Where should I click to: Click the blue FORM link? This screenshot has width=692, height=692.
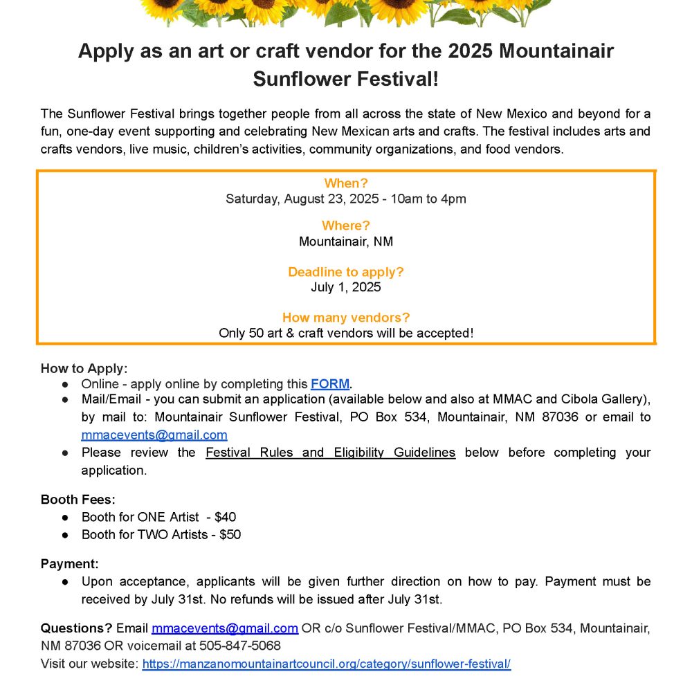(330, 384)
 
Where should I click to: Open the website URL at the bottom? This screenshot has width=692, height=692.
(326, 664)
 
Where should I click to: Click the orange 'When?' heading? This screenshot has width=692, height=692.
(346, 183)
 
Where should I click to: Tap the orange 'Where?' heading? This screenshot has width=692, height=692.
(346, 226)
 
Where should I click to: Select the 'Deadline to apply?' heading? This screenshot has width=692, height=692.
(346, 272)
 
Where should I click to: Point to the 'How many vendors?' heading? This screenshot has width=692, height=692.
(346, 318)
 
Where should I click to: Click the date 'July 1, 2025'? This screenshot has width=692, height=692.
(346, 287)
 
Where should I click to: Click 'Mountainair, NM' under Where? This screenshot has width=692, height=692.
(346, 242)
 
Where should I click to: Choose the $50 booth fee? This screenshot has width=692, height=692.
(230, 534)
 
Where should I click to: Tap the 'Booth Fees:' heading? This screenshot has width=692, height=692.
(78, 499)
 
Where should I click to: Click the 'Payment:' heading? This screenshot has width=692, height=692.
(70, 564)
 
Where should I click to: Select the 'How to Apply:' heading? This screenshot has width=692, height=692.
(84, 368)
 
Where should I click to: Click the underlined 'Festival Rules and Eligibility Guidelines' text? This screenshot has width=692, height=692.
(331, 453)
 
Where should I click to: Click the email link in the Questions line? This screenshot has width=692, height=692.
(225, 628)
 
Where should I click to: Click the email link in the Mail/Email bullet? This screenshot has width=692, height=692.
(154, 435)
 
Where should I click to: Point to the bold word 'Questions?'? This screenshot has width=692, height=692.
(76, 628)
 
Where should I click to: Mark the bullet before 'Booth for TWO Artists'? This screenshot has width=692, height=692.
(65, 535)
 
